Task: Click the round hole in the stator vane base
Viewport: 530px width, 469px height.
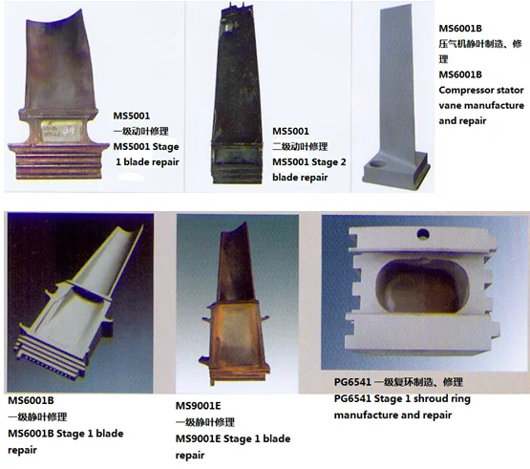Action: [381, 164]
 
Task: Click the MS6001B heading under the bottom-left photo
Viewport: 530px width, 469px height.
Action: [32, 399]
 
